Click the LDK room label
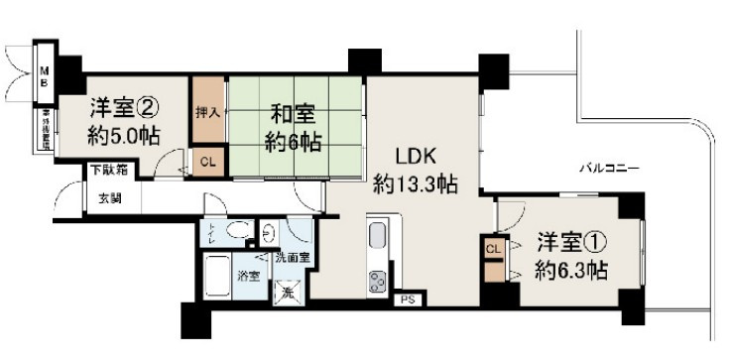(416, 156)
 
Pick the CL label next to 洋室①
(494, 249)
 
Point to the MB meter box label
(45, 77)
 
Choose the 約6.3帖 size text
(568, 270)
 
